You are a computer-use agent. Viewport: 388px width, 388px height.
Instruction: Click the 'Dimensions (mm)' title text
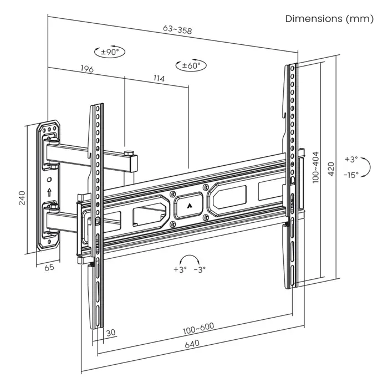[x=329, y=18]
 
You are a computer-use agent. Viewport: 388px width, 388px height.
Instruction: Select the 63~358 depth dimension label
[x=177, y=30]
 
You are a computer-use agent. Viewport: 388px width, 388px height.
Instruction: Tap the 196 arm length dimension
[x=86, y=69]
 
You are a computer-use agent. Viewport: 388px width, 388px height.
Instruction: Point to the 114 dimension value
[x=159, y=79]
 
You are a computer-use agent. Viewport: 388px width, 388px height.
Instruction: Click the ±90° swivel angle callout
[x=110, y=52]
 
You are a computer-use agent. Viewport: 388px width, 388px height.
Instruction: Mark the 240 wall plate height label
[x=22, y=198]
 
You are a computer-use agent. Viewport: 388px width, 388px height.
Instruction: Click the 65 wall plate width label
[x=49, y=268]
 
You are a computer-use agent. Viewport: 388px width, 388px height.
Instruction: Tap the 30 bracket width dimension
[x=111, y=333]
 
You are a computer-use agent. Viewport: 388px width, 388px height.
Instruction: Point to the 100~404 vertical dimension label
[x=315, y=167]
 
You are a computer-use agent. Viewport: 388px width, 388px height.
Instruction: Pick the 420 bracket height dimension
[x=331, y=169]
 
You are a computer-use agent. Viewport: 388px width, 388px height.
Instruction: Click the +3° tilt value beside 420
[x=351, y=159]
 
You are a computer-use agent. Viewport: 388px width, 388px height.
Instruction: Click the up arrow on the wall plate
[x=50, y=192]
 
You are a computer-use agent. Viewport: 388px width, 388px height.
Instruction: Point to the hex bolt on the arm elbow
[x=129, y=152]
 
